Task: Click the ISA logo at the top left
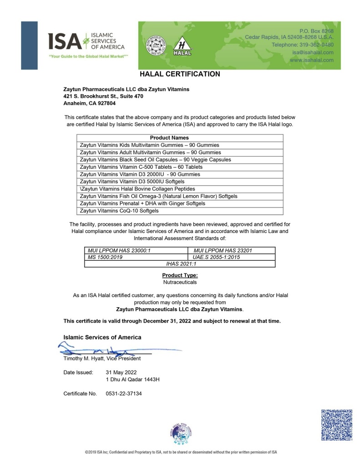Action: pyautogui.click(x=86, y=42)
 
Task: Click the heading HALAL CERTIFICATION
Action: pyautogui.click(x=180, y=74)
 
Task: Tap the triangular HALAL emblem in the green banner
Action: pyautogui.click(x=182, y=46)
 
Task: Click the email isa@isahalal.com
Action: pyautogui.click(x=313, y=52)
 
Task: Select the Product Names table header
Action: pyautogui.click(x=169, y=137)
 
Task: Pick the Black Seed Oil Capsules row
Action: pyautogui.click(x=155, y=160)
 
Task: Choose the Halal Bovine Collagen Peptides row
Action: pyautogui.click(x=137, y=189)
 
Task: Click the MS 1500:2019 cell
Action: pyautogui.click(x=105, y=257)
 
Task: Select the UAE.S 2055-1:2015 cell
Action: pyautogui.click(x=217, y=257)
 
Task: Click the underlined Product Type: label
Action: pyautogui.click(x=180, y=275)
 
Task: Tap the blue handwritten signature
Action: pyautogui.click(x=105, y=350)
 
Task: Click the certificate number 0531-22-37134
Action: pyautogui.click(x=123, y=393)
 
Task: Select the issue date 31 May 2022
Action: pyautogui.click(x=118, y=372)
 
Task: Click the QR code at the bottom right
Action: pyautogui.click(x=337, y=424)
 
